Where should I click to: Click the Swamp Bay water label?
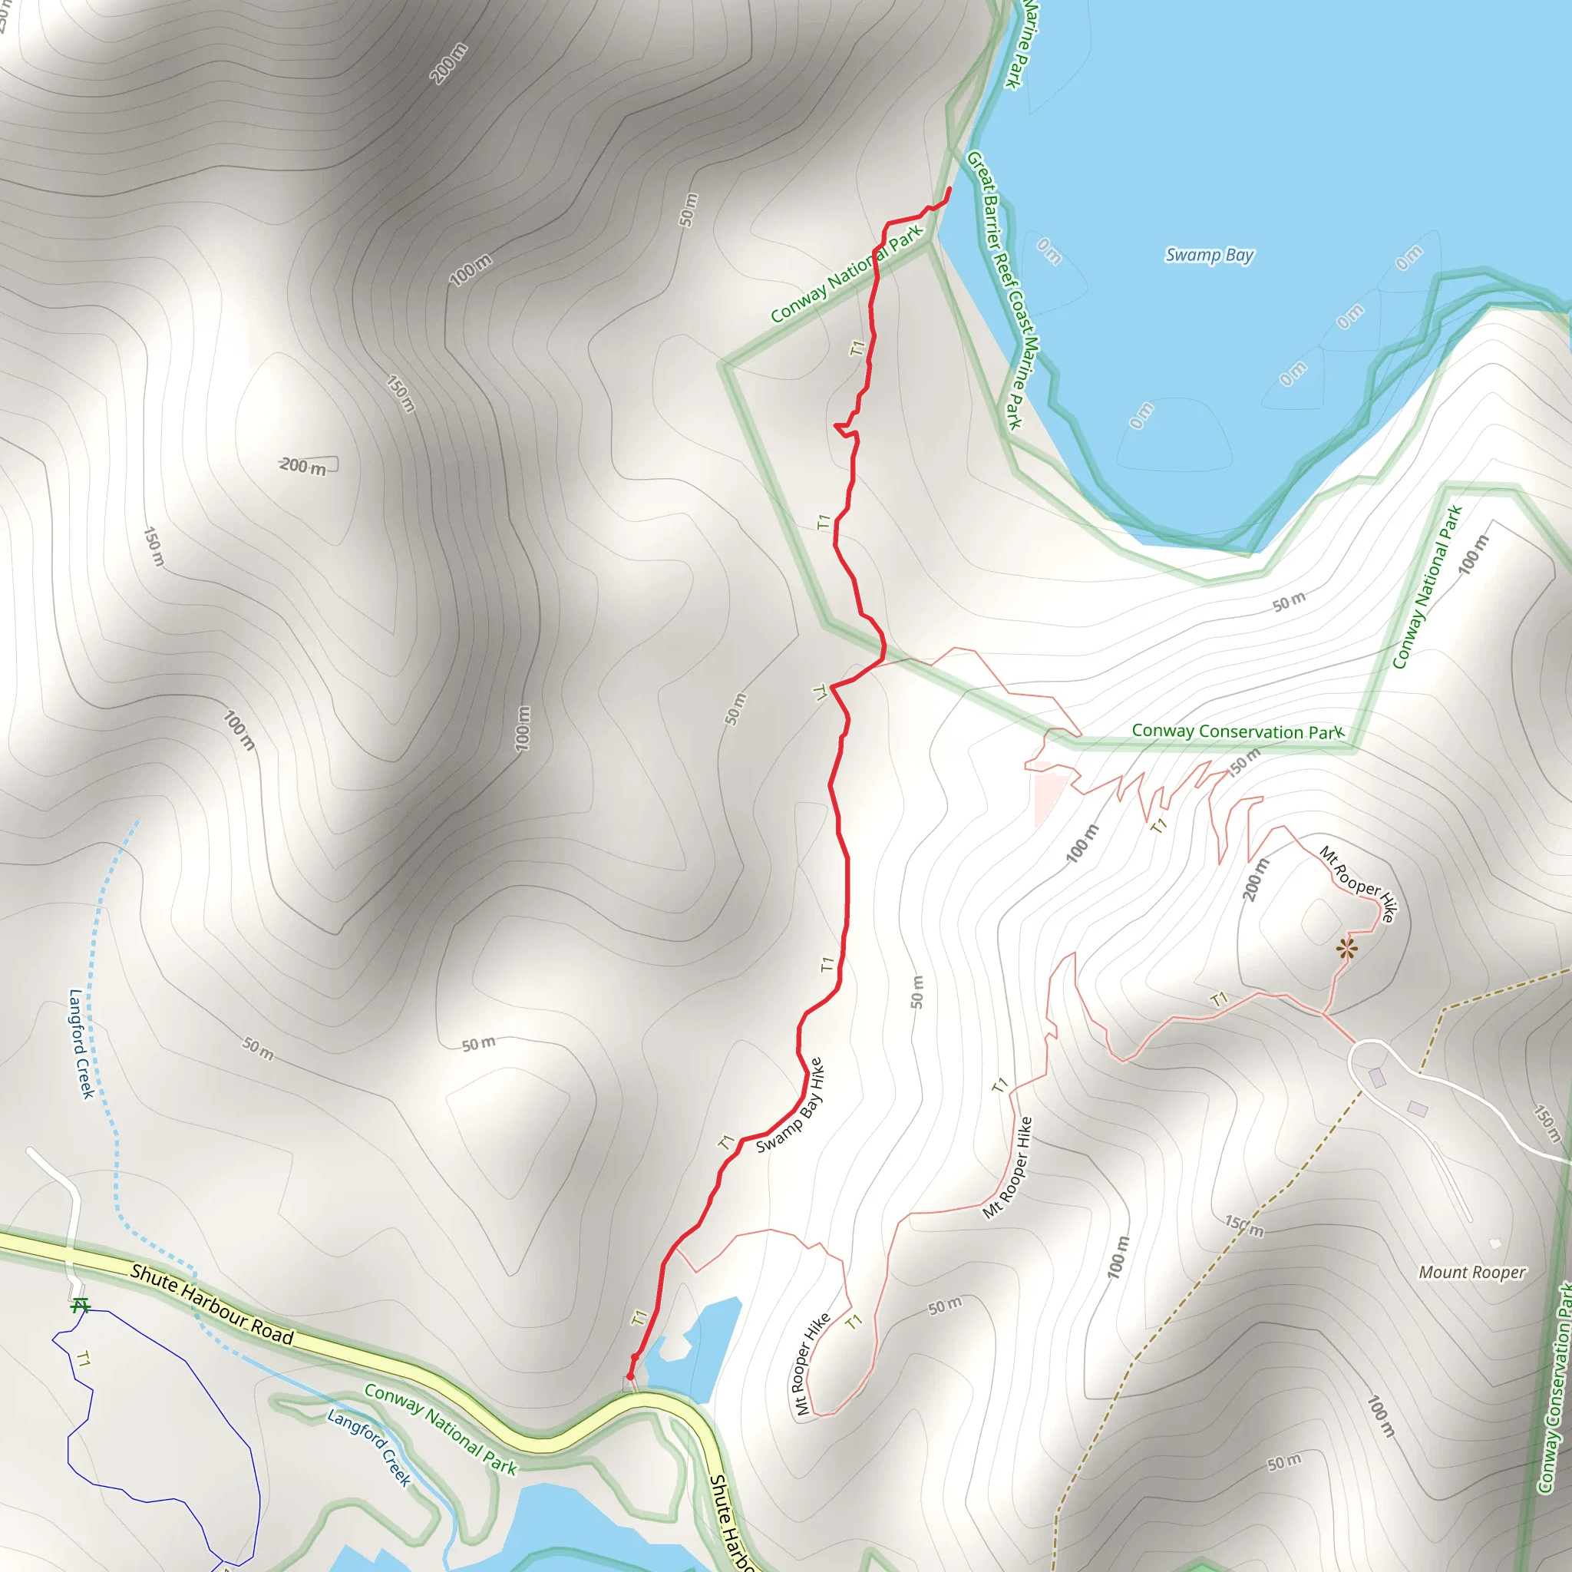point(1209,255)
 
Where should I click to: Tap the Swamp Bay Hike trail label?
point(790,1105)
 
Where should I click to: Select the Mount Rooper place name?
point(1472,1272)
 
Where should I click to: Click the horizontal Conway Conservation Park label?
point(1237,732)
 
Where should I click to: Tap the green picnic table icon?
point(80,1306)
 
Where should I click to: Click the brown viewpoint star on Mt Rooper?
point(1346,949)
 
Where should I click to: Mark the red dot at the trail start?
point(629,1377)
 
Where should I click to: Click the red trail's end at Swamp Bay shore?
point(949,190)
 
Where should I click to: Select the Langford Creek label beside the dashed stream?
point(81,1042)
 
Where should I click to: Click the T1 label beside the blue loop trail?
point(82,1359)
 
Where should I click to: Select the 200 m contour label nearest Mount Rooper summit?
point(1256,880)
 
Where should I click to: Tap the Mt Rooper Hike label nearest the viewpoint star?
point(1358,883)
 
